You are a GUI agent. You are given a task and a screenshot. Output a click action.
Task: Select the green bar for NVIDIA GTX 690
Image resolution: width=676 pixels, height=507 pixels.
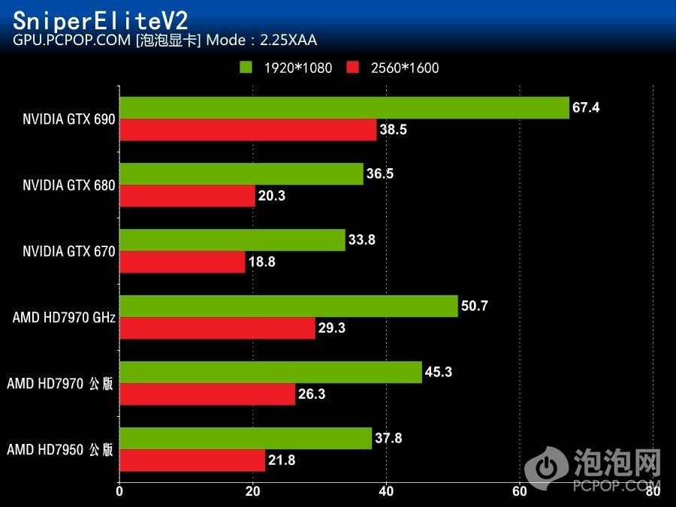pos(344,108)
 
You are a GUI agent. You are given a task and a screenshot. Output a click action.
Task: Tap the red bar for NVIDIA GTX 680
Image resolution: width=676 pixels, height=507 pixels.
pos(187,196)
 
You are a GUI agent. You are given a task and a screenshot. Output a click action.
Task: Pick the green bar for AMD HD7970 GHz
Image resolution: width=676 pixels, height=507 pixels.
pos(288,306)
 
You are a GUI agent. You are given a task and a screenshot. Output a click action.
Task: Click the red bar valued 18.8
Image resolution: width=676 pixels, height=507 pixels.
pos(183,262)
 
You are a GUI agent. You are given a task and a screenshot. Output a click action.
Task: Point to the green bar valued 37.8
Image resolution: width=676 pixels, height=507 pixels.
pos(246,439)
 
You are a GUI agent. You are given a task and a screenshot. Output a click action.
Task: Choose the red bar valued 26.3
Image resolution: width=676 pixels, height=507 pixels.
pos(207,394)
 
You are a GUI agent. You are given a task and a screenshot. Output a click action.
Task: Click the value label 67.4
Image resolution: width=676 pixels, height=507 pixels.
pos(586,107)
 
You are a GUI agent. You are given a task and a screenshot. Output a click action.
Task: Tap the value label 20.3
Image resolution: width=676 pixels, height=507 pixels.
pos(272,196)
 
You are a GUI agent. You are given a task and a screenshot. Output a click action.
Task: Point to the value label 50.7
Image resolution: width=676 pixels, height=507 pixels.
pos(475,306)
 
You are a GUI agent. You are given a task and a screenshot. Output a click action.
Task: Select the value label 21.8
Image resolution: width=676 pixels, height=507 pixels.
pos(282,460)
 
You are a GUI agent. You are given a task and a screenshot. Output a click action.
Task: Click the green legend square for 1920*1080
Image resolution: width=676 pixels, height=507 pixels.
pos(246,68)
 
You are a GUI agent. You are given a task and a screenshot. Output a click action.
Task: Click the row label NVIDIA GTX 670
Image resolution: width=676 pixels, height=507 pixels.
pos(69,252)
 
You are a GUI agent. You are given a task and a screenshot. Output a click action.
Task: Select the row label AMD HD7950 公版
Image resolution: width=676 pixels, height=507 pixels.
pos(60,450)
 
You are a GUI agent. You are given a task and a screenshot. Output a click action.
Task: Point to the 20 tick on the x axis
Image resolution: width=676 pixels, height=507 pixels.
pos(253,492)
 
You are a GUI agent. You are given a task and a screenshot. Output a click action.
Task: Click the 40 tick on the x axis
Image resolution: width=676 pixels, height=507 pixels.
pos(386,492)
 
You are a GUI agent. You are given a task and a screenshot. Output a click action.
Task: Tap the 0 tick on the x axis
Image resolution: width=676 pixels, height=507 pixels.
pos(119,492)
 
